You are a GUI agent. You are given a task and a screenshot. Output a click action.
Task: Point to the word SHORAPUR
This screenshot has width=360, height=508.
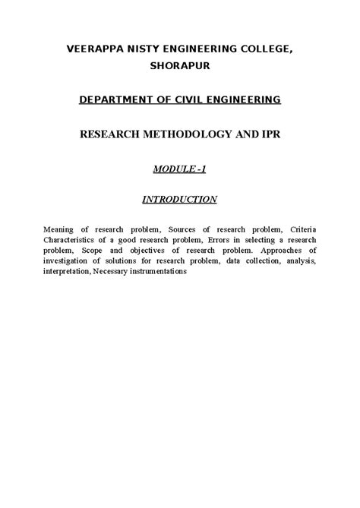click(x=179, y=66)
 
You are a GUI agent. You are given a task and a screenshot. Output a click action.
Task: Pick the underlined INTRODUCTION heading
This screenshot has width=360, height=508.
click(x=179, y=200)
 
